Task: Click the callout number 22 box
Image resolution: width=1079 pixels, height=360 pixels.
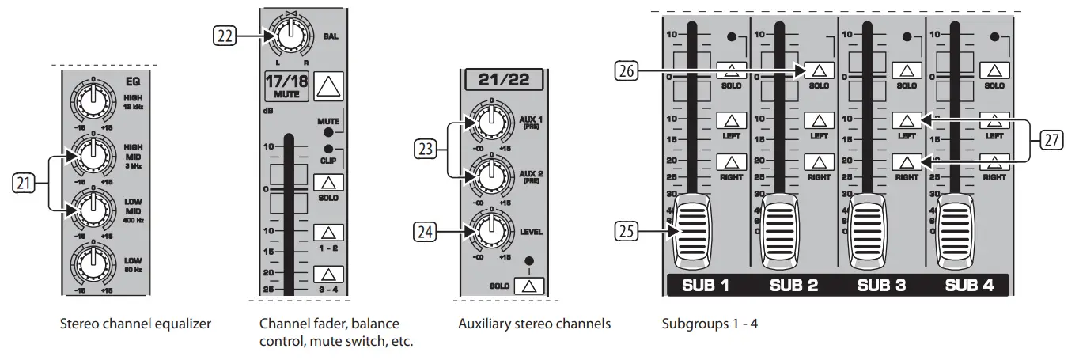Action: coord(225,34)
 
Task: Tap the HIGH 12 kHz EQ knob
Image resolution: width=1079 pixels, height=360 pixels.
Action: coord(92,100)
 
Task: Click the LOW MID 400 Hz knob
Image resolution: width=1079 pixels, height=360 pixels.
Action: coord(92,210)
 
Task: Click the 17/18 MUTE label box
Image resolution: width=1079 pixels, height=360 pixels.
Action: coord(286,85)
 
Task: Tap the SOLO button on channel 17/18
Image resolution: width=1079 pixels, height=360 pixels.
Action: coord(327,182)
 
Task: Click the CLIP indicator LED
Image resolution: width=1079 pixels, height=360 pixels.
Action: coord(327,149)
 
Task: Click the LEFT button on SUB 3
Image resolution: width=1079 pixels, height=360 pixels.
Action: coord(907,121)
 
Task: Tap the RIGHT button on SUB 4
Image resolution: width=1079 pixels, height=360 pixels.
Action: coord(994,162)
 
